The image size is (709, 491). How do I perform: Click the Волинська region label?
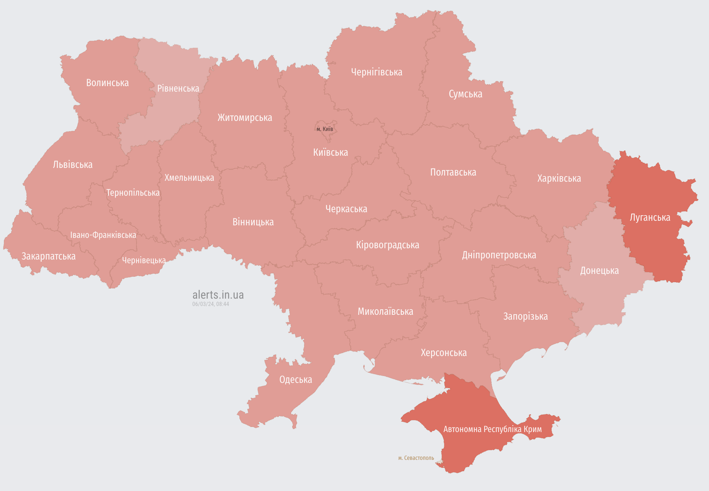[107, 83]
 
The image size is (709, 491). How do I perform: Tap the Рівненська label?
[178, 89]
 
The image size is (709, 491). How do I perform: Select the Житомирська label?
[245, 118]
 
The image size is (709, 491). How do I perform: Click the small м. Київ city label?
[325, 129]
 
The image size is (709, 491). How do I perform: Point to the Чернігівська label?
[376, 72]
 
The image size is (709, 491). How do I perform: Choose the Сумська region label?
[465, 94]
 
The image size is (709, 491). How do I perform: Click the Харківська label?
[559, 178]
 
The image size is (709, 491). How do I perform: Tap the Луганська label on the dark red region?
[650, 217]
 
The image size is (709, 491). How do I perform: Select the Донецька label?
[599, 271]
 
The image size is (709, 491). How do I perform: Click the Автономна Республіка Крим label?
[492, 429]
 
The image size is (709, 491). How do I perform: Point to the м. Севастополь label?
[416, 458]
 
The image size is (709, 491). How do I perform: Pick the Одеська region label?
[295, 380]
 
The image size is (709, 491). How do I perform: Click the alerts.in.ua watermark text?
[218, 295]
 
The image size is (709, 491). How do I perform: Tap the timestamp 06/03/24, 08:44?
[211, 304]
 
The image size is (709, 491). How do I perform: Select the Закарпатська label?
[48, 256]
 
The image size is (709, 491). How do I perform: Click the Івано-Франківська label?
[103, 235]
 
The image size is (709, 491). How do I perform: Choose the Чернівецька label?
[143, 260]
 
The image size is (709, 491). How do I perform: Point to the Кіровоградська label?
[387, 245]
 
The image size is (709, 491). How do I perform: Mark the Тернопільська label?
[133, 193]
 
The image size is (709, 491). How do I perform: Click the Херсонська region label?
[444, 353]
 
